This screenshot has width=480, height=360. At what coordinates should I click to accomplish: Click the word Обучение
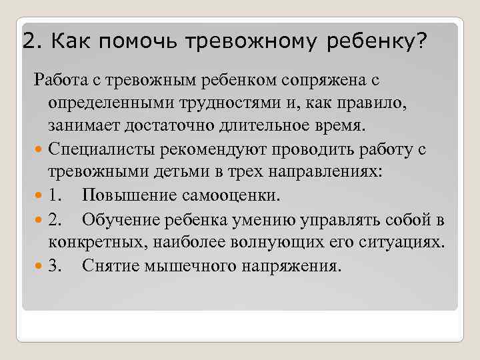[119, 220]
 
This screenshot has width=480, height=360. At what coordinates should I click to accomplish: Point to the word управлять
[333, 220]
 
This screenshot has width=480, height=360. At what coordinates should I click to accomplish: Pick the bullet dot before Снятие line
[39, 267]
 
